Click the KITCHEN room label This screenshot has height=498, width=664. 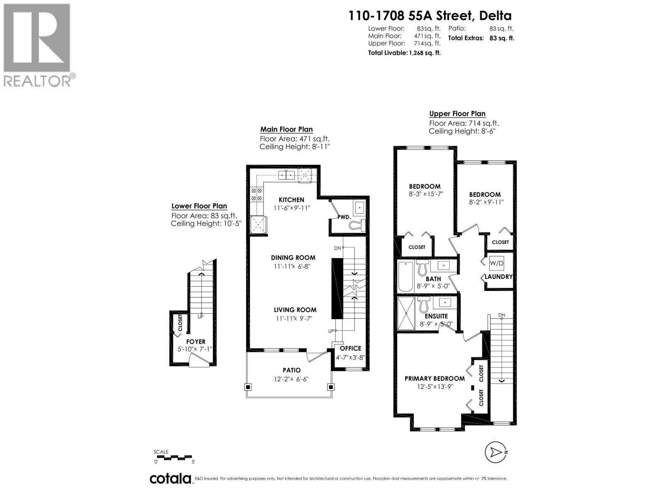[x=291, y=200]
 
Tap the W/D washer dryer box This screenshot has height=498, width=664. [x=496, y=263]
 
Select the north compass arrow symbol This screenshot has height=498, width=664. [x=496, y=452]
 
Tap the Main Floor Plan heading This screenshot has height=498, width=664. [x=286, y=129]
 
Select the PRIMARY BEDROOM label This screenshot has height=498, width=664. [x=435, y=378]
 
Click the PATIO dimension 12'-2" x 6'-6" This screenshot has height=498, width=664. [x=291, y=379]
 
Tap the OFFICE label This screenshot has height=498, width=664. [x=350, y=349]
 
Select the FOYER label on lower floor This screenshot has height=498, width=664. [x=195, y=342]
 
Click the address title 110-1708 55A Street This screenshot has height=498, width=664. [x=430, y=16]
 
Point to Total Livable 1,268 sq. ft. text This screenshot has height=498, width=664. [x=404, y=53]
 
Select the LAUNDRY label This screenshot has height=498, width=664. [x=499, y=277]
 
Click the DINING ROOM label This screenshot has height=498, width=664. [x=293, y=258]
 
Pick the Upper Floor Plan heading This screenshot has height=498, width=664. [x=457, y=114]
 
